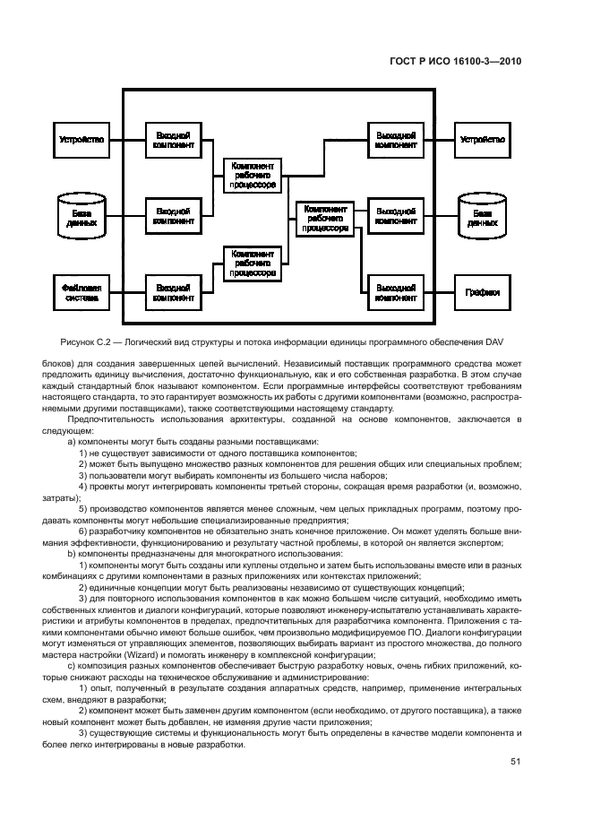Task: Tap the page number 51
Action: [515, 762]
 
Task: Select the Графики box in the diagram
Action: [482, 291]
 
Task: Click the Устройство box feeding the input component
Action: [81, 140]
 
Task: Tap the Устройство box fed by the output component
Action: [482, 140]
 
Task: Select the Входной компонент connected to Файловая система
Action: [172, 291]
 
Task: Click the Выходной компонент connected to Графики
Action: [394, 291]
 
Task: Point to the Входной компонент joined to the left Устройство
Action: [172, 140]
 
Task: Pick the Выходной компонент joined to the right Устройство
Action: [394, 140]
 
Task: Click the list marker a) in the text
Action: [72, 442]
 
